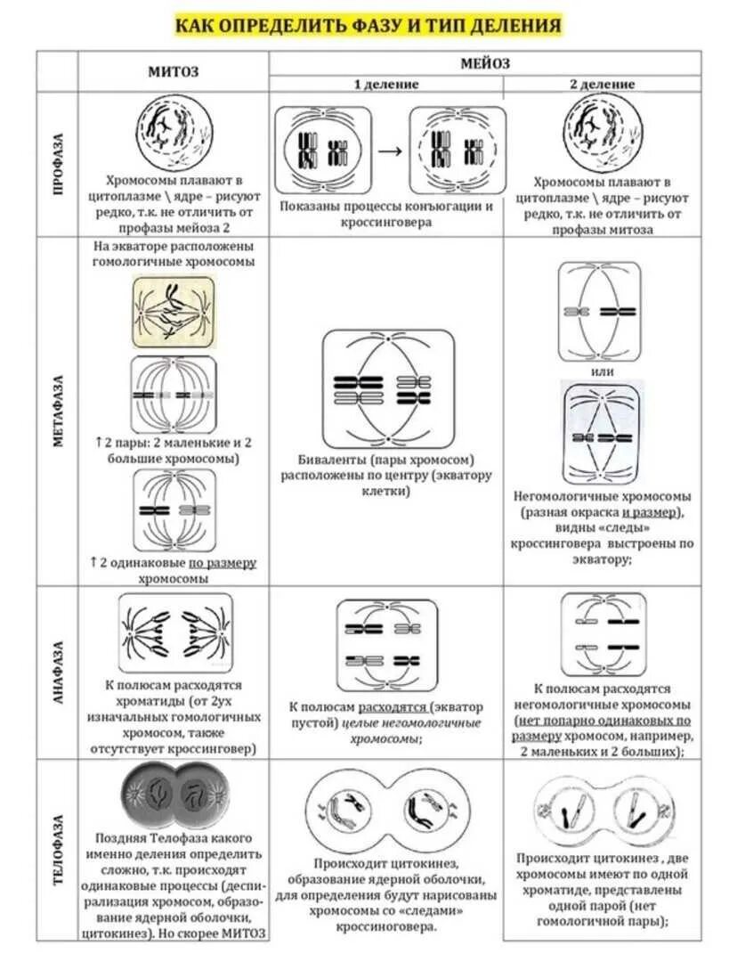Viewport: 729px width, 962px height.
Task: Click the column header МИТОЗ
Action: pyautogui.click(x=173, y=71)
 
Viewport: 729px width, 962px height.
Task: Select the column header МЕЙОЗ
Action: pyautogui.click(x=485, y=63)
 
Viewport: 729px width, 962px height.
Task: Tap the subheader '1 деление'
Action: pyautogui.click(x=386, y=84)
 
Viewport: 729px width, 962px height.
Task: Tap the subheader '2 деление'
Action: pyautogui.click(x=603, y=84)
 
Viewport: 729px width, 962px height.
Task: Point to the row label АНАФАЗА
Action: pyautogui.click(x=58, y=673)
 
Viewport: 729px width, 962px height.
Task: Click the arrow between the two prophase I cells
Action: pyautogui.click(x=390, y=149)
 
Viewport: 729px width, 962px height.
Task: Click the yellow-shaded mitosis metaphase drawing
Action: pyautogui.click(x=174, y=311)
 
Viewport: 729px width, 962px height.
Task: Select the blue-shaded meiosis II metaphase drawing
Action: pyautogui.click(x=603, y=433)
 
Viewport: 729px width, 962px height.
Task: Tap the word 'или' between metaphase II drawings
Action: pyautogui.click(x=603, y=371)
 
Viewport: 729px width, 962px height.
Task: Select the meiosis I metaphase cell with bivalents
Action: pyautogui.click(x=387, y=388)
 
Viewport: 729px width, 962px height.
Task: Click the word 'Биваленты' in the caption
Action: pyautogui.click(x=329, y=460)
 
